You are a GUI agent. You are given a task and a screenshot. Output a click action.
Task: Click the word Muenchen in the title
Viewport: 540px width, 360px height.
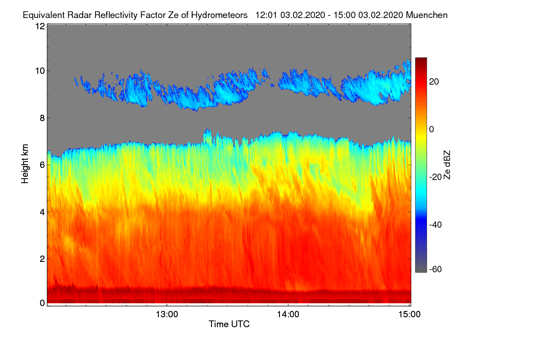tap(427, 15)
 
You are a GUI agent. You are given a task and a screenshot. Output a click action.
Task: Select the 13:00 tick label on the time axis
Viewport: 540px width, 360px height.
tap(166, 315)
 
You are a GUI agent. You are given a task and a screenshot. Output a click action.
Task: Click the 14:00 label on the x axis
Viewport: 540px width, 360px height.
tap(288, 315)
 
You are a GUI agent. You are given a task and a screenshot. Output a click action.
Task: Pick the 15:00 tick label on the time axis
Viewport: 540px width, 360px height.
tap(409, 315)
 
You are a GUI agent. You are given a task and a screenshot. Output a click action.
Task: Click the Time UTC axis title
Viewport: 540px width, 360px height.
tap(229, 324)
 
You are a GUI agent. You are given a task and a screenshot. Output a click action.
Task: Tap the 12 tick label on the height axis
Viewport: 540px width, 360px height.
tap(40, 26)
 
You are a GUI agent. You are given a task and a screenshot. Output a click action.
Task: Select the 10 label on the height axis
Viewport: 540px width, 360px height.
tap(40, 71)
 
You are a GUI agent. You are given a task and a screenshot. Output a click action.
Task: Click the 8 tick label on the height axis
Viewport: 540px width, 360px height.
tap(42, 118)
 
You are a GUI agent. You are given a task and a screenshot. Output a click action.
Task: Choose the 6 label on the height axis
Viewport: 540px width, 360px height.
tap(42, 165)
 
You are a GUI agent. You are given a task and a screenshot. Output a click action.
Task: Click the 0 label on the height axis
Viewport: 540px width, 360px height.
tap(42, 303)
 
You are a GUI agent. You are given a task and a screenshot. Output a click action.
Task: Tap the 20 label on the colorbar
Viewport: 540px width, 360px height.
tap(434, 81)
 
